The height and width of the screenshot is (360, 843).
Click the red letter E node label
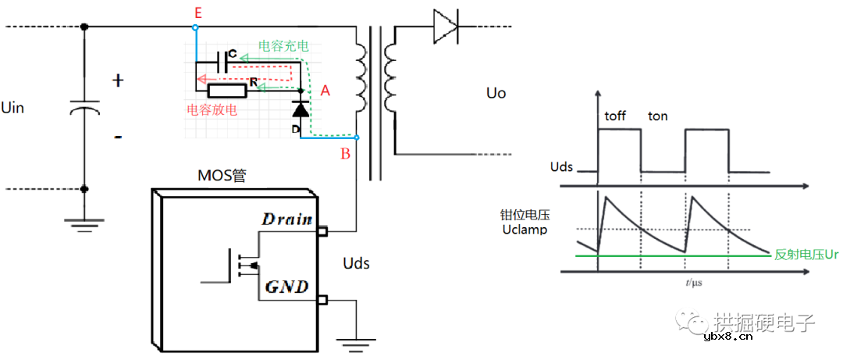coord(197,12)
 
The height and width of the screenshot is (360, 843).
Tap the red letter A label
coord(325,91)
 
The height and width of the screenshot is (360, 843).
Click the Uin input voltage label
coord(13,107)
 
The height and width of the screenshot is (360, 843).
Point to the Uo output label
coord(496,94)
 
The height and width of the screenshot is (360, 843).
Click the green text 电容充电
coord(283,46)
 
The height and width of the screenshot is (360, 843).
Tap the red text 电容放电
coord(212,111)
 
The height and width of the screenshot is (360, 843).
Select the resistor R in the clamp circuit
coord(227,91)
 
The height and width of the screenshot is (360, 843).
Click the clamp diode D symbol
coord(301,110)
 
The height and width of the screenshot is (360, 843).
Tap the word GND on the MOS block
coord(287,287)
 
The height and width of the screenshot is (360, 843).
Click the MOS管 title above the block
coord(222,177)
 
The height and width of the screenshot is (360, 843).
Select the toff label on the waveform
coord(615,116)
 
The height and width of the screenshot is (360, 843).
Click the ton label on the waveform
coord(658,116)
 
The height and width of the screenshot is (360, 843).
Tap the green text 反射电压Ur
coord(807,255)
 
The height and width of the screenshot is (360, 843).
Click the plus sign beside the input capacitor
coord(119,80)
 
